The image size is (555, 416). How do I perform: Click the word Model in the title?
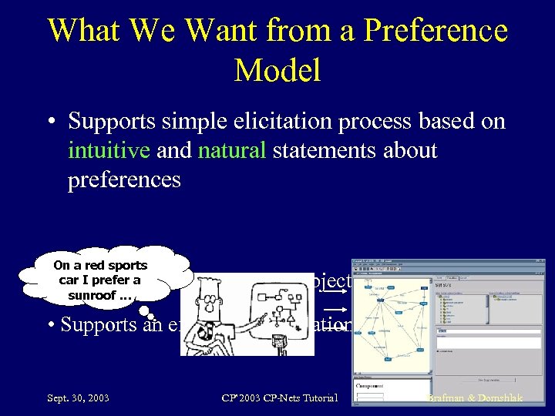(277, 70)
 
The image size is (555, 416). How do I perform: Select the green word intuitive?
(109, 150)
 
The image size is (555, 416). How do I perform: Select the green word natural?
(232, 150)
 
